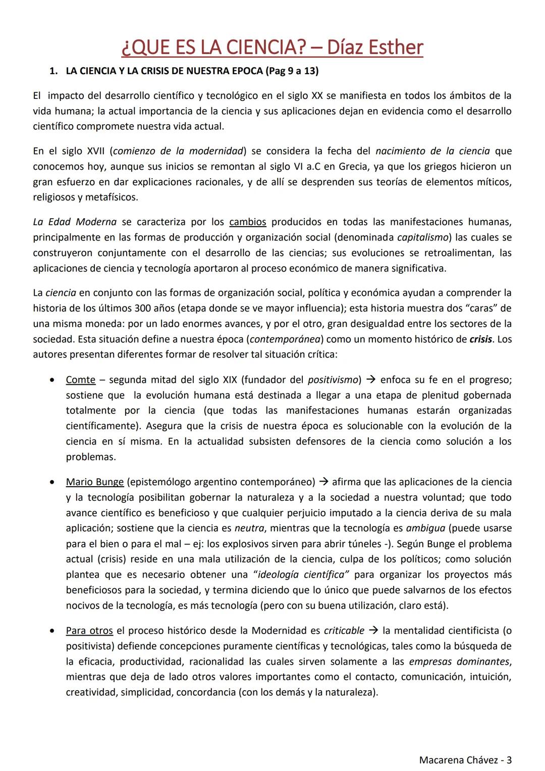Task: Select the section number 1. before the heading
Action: tap(53, 71)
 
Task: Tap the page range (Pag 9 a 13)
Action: tap(291, 71)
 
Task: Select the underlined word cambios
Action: tap(247, 222)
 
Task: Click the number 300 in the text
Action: tap(143, 309)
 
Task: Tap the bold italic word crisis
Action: tap(480, 339)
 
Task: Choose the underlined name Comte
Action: tap(80, 380)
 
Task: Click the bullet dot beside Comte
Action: tap(52, 380)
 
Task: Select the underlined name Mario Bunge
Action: tap(95, 482)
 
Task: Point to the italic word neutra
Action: tap(247, 529)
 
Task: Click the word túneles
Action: tap(367, 544)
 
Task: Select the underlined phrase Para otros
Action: tap(89, 631)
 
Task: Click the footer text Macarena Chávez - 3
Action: tap(465, 759)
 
